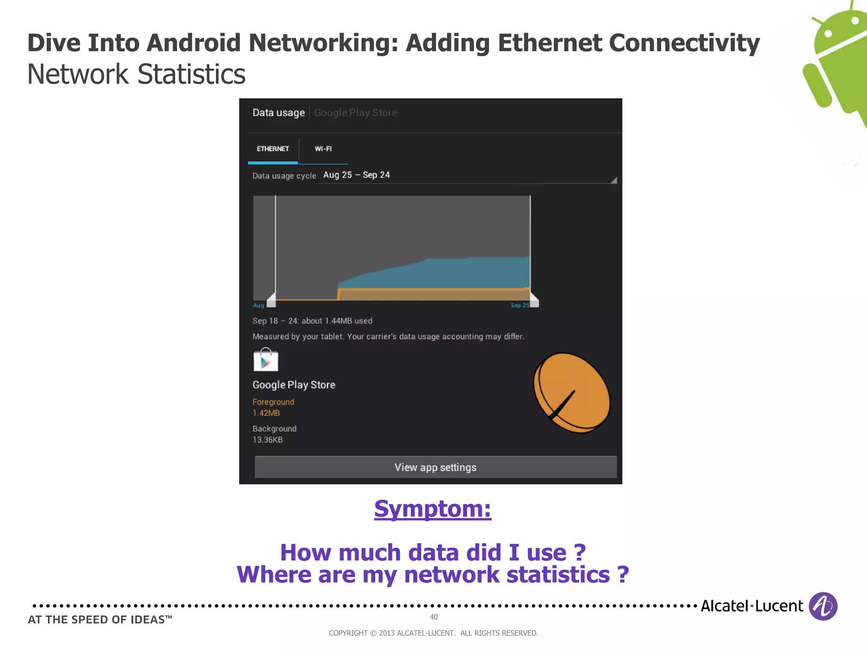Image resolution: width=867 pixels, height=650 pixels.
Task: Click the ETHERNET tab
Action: (x=273, y=149)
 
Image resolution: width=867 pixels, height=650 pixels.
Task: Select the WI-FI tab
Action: (x=323, y=149)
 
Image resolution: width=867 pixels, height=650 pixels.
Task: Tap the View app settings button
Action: (x=435, y=467)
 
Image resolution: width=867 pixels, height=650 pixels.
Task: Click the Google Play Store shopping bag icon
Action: (x=265, y=360)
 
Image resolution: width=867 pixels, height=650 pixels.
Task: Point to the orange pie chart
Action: (x=572, y=393)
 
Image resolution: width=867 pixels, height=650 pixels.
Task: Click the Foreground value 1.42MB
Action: (x=266, y=413)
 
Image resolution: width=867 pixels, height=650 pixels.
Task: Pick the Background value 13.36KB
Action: (x=268, y=440)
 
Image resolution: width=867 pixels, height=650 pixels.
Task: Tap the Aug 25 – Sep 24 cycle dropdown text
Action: (x=356, y=175)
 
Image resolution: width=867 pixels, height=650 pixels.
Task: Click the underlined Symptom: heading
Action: (x=432, y=509)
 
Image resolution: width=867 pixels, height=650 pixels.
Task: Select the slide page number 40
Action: (x=433, y=617)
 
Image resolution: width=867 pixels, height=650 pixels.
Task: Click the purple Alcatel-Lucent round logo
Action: (x=823, y=606)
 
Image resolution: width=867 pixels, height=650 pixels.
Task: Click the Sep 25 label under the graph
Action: (x=519, y=305)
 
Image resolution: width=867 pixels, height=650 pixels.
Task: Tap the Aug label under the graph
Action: (x=258, y=305)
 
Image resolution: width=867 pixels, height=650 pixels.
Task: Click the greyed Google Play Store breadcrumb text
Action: (x=355, y=113)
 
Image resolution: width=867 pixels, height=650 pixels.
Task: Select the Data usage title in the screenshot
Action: (x=279, y=113)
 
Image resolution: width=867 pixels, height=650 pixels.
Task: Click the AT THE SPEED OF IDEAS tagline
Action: (x=100, y=620)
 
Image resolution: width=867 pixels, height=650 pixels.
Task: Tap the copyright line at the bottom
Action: (x=433, y=633)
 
